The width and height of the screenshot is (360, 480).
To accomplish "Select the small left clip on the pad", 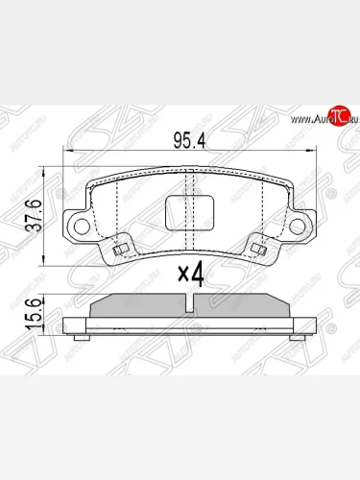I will pos(119,252).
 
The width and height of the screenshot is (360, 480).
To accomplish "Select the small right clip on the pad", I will pos(256,252).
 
